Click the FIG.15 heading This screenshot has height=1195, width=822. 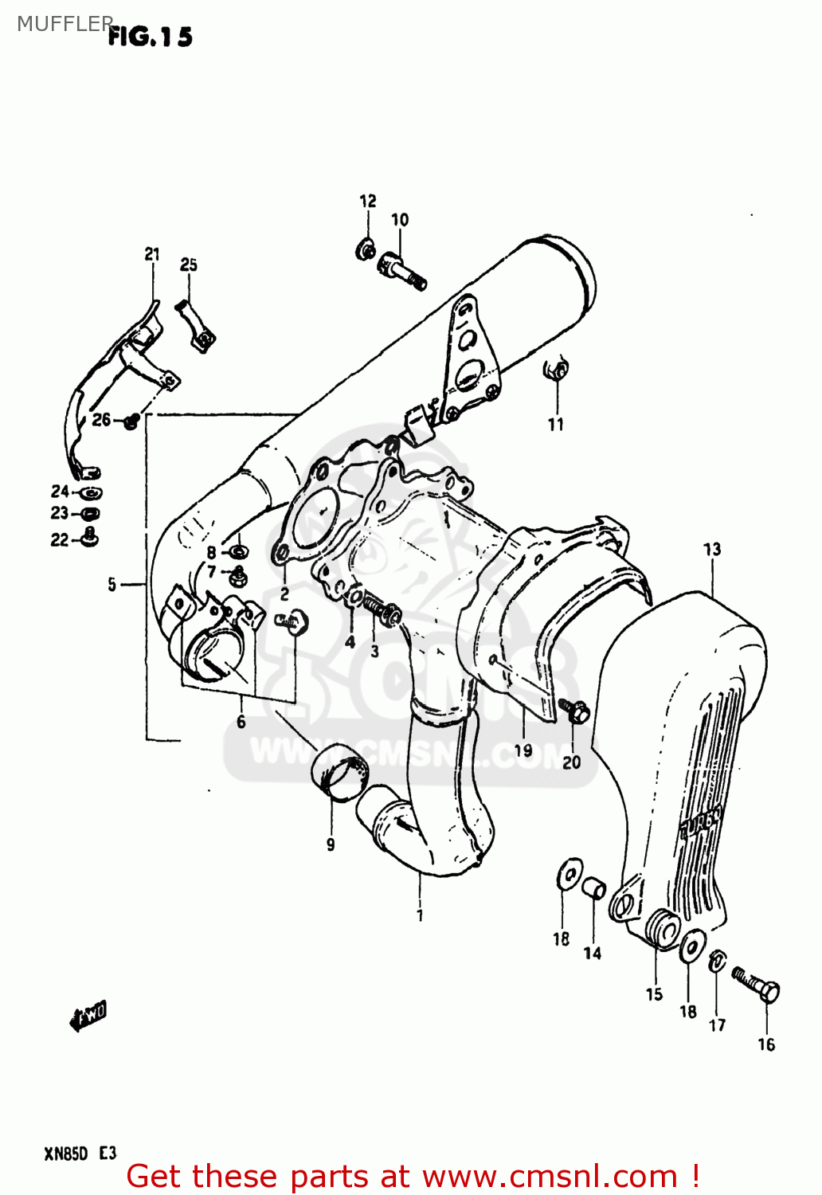[150, 37]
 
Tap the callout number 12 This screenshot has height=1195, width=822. [367, 202]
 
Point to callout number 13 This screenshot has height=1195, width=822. [711, 549]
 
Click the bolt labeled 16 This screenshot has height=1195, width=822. [756, 985]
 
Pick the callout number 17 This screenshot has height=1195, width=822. [717, 1025]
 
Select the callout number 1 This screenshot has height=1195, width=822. [420, 916]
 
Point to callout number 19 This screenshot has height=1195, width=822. [523, 750]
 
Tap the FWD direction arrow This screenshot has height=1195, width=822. [88, 1016]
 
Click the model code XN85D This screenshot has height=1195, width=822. [65, 1154]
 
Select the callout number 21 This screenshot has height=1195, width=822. [152, 254]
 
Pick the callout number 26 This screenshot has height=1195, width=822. [101, 419]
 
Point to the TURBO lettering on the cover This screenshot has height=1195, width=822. [701, 823]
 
